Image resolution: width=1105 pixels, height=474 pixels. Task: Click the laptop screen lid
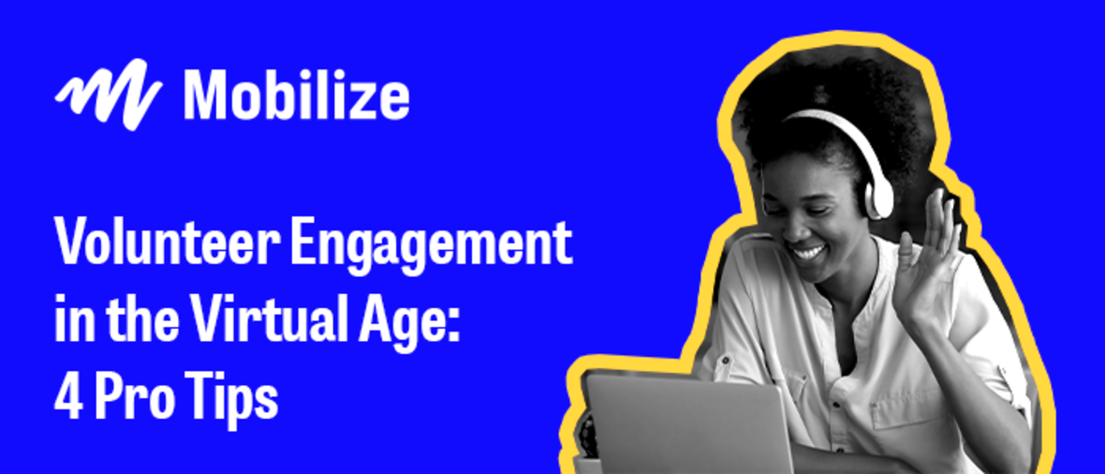(x=689, y=423)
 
